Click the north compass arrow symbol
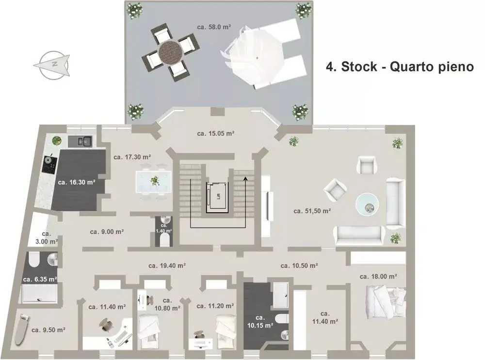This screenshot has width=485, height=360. [x=52, y=64]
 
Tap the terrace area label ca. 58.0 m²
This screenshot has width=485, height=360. [x=214, y=27]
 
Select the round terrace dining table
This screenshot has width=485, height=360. [x=171, y=53]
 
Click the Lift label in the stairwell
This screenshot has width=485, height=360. [x=218, y=196]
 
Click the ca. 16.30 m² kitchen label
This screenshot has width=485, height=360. [x=77, y=182]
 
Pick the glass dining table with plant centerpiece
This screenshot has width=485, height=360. [x=154, y=181]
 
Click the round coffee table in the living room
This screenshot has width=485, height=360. [x=367, y=204]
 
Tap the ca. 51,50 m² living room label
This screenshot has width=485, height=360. [x=312, y=211]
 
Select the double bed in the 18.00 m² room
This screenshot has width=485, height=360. [x=386, y=302]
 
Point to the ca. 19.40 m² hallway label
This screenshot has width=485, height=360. [x=167, y=266]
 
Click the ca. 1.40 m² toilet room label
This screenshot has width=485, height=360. [x=164, y=228]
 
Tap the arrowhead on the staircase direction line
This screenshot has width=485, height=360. [x=245, y=178]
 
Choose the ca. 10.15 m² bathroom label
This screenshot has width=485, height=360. [x=260, y=321]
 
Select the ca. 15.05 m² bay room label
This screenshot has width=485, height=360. [x=216, y=134]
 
